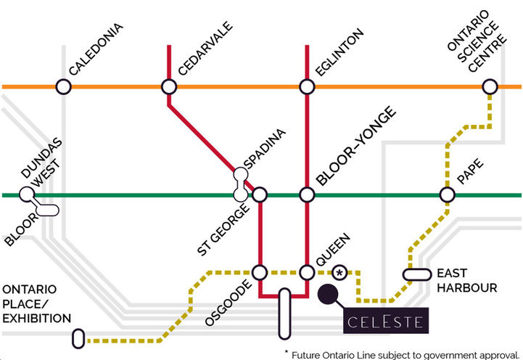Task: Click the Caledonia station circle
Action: click(63, 87)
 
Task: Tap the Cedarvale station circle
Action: click(169, 87)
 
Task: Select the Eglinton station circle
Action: click(307, 87)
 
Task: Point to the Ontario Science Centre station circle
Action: click(490, 87)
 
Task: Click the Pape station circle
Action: click(447, 195)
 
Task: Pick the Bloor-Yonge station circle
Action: click(307, 195)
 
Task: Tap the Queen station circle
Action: click(307, 272)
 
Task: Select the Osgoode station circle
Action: click(260, 272)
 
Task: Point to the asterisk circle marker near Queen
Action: click(339, 273)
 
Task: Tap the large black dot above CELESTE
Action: click(328, 293)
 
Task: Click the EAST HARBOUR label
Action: click(466, 280)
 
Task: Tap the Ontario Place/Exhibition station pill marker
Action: click(78, 338)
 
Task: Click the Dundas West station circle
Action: click(27, 195)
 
